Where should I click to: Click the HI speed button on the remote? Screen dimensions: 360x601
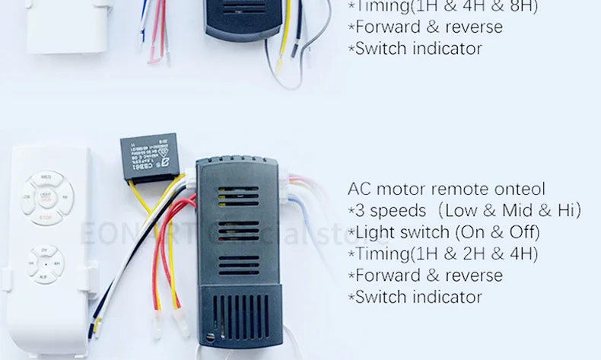[x=67, y=198]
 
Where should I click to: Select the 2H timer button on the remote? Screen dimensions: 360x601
[x=46, y=249]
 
